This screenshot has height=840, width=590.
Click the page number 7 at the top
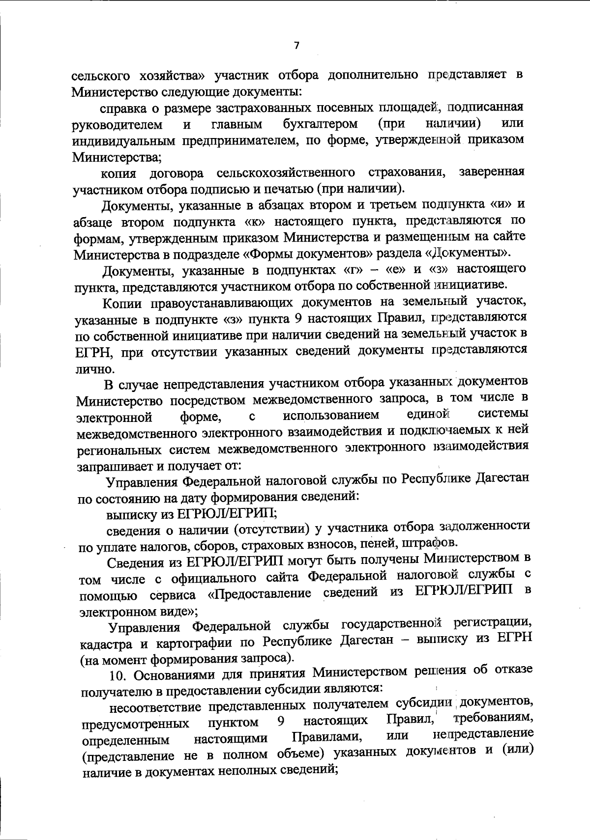coord(296,46)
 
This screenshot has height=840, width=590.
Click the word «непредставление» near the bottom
coord(483,735)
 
